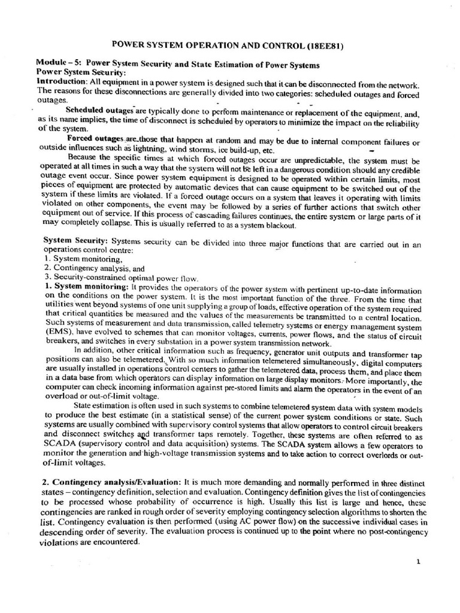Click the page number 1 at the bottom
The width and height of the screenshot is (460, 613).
(x=419, y=562)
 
